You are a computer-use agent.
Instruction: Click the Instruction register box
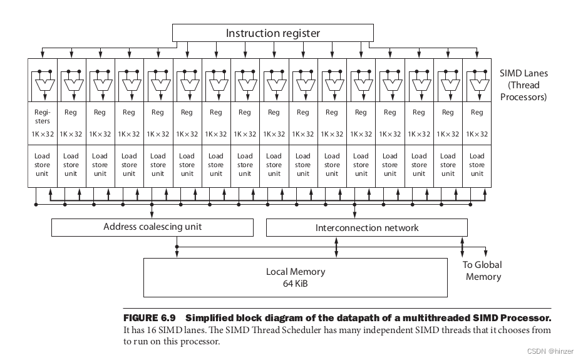point(272,33)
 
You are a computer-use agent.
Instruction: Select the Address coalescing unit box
point(152,227)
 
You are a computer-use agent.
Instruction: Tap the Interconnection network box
point(366,228)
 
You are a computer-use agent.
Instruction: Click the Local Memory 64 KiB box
point(296,277)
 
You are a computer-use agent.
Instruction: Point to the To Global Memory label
point(482,270)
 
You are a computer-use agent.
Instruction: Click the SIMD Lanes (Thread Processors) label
point(524,85)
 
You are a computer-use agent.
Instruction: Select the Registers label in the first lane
point(42,116)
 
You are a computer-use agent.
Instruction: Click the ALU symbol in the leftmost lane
point(42,83)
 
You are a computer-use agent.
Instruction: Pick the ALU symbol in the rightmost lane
point(477,83)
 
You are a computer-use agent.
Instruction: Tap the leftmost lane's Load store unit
point(42,165)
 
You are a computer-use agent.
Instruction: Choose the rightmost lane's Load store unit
point(477,165)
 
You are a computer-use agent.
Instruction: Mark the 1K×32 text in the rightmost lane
point(477,134)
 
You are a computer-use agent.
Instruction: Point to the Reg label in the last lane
point(477,113)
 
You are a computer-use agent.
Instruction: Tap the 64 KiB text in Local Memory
point(296,284)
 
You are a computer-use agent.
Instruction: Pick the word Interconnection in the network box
point(347,228)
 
